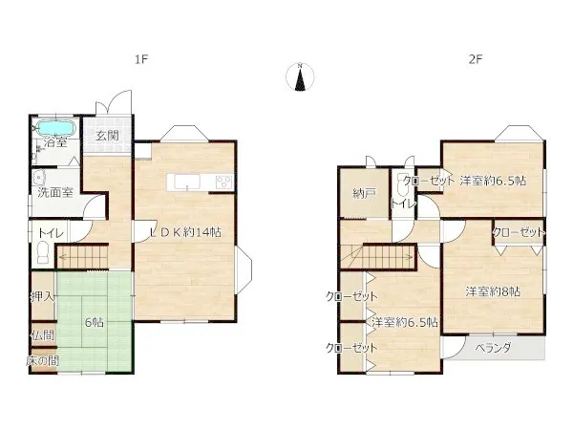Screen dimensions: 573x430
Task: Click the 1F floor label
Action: (x=141, y=59)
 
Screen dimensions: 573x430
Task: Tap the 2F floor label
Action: (x=476, y=59)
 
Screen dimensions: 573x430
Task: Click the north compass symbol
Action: (x=300, y=76)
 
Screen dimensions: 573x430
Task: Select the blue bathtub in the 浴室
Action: (x=56, y=128)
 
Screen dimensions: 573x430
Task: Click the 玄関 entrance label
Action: (x=107, y=136)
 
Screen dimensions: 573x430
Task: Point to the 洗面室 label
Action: (x=55, y=192)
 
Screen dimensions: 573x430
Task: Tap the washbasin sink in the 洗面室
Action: (x=38, y=178)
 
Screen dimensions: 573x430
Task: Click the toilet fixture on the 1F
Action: (x=43, y=252)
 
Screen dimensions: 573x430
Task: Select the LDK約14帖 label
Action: (x=186, y=232)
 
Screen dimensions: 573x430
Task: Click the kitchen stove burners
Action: (x=223, y=183)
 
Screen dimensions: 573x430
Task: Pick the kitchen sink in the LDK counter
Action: (x=187, y=183)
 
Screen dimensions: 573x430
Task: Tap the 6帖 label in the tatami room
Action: (x=94, y=323)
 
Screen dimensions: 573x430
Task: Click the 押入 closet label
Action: (x=43, y=296)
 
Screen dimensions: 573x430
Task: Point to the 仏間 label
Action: (x=43, y=335)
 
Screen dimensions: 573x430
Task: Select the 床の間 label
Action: (x=43, y=361)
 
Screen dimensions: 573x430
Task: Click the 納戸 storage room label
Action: (x=364, y=193)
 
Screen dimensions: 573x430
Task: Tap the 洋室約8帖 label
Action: (x=493, y=291)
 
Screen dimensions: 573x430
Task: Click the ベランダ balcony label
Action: (x=493, y=348)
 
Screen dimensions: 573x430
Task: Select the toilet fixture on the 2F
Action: (x=402, y=185)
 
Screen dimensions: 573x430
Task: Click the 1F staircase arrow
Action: (x=82, y=257)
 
